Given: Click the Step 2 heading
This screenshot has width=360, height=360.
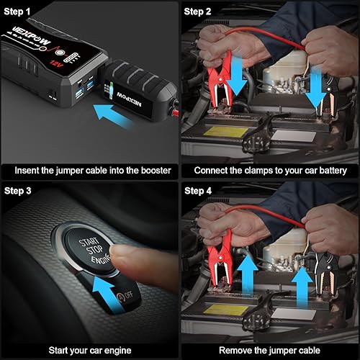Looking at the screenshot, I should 198,12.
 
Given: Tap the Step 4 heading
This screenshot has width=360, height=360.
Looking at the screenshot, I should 198,192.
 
